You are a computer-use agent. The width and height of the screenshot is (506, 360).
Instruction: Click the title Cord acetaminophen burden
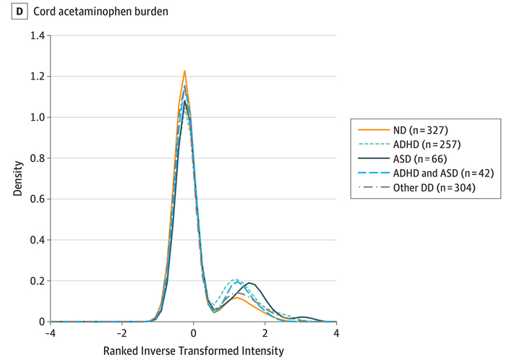[x=77, y=12]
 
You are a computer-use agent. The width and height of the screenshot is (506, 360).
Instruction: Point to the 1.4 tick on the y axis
[x=35, y=35]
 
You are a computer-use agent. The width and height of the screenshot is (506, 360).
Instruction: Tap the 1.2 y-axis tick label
[x=35, y=77]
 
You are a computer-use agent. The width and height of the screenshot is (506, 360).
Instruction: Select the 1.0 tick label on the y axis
[x=35, y=117]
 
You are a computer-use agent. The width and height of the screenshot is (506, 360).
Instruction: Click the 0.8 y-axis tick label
[x=35, y=158]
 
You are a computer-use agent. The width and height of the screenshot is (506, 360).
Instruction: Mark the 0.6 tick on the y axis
[x=35, y=199]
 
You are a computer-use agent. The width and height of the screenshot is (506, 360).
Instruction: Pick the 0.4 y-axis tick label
[x=35, y=240]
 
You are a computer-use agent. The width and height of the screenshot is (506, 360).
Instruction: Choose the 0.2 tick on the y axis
[x=35, y=280]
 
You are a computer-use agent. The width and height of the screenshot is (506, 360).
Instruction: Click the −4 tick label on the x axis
[x=49, y=333]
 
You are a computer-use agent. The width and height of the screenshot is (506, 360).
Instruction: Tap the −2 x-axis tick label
[x=121, y=333]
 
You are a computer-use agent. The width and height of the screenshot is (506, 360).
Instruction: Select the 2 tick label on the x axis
[x=265, y=333]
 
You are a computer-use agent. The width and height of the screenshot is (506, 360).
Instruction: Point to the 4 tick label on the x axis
[x=336, y=333]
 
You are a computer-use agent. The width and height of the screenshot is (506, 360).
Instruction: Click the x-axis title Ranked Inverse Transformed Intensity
[x=193, y=351]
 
